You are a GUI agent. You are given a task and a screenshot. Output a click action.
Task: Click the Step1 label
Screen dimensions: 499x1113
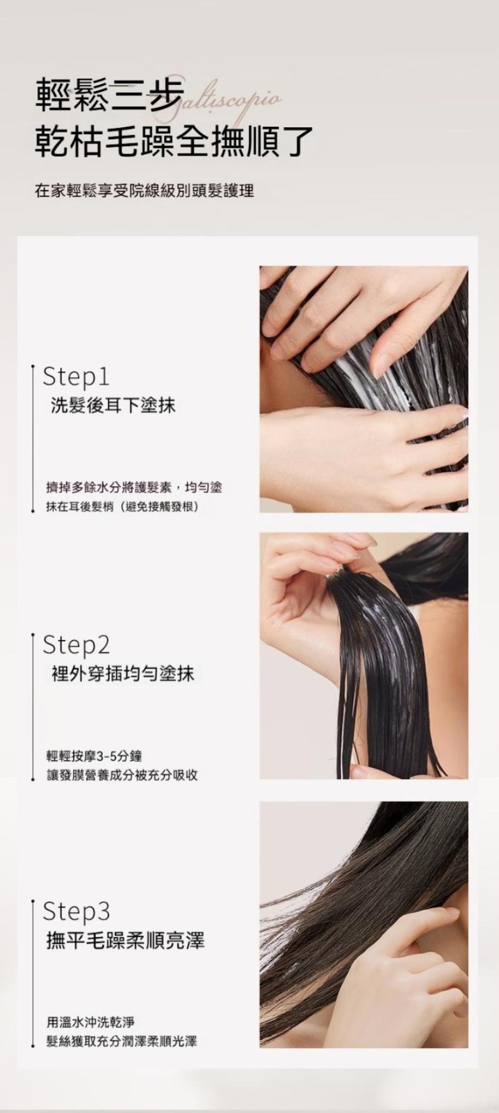click(x=75, y=377)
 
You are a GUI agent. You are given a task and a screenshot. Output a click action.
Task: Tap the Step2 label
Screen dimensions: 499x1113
click(x=76, y=645)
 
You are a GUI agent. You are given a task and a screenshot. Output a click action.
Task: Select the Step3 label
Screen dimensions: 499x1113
click(x=76, y=912)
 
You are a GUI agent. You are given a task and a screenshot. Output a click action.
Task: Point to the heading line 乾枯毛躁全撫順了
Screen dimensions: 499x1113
click(x=174, y=140)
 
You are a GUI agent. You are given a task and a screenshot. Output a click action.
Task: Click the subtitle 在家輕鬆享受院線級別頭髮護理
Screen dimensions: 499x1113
click(x=145, y=190)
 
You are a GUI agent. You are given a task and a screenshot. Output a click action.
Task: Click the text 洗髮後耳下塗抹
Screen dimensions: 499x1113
click(x=113, y=406)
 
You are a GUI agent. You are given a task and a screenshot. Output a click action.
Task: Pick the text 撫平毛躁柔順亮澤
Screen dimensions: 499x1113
click(x=125, y=941)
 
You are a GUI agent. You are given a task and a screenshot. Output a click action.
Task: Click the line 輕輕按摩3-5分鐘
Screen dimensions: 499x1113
click(x=95, y=757)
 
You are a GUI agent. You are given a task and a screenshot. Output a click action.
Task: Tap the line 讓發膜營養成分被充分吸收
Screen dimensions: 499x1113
click(x=122, y=775)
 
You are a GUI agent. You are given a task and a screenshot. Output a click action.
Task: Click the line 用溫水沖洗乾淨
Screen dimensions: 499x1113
click(x=91, y=1022)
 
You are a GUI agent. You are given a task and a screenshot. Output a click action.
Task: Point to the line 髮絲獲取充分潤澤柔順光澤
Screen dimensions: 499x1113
click(x=122, y=1041)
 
